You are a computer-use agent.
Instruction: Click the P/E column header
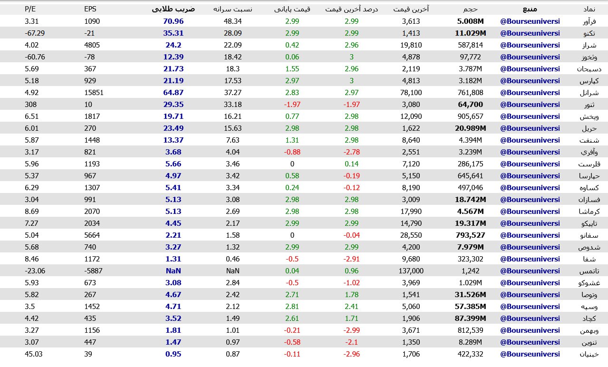(31, 9)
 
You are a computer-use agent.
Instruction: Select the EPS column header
(90, 9)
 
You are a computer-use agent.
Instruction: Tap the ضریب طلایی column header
(173, 9)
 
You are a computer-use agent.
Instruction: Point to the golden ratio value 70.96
(173, 21)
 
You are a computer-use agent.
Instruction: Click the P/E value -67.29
(35, 33)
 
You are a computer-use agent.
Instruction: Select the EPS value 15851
(94, 93)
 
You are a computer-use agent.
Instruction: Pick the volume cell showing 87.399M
(470, 319)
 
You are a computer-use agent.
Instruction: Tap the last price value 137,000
(411, 271)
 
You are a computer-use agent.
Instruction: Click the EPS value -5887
(93, 271)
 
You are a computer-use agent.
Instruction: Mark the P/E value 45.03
(33, 354)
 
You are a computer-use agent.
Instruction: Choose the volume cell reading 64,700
(470, 105)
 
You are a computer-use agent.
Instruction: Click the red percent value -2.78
(351, 152)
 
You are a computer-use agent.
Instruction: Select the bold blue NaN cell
(173, 271)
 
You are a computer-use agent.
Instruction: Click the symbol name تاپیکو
(589, 223)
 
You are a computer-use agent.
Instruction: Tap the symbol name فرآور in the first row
(589, 21)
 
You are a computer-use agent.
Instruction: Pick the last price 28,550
(411, 235)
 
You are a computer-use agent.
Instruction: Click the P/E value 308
(30, 105)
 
